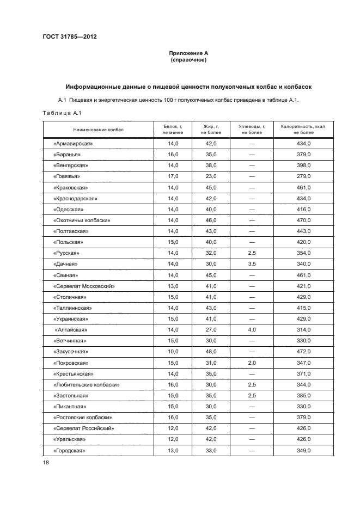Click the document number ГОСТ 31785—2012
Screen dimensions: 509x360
coord(69,37)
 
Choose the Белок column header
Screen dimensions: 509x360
coord(173,129)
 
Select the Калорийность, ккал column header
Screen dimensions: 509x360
coord(303,129)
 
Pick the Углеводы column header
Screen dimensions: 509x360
coord(252,129)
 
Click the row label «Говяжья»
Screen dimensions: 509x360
coord(68,176)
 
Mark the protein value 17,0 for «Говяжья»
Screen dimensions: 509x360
coord(173,176)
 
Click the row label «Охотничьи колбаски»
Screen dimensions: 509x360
coord(82,220)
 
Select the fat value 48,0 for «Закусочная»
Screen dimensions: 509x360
coord(212,352)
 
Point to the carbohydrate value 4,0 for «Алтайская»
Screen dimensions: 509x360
coord(252,330)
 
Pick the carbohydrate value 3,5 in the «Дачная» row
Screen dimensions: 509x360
coord(252,264)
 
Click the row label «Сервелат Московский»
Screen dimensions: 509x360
coord(84,286)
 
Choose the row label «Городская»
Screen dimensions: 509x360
coord(69,451)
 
